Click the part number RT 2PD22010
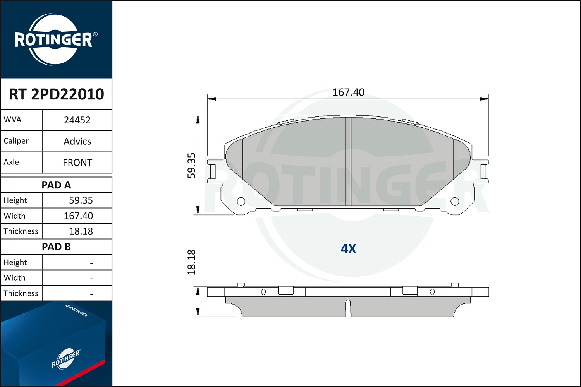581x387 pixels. (x=57, y=94)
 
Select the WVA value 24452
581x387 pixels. (x=77, y=120)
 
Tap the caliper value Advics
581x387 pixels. (x=77, y=142)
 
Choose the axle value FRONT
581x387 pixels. (x=77, y=163)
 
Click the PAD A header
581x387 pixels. (x=56, y=185)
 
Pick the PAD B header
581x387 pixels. (x=56, y=247)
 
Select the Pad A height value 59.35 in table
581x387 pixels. (x=81, y=200)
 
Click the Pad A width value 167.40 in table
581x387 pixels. (x=78, y=216)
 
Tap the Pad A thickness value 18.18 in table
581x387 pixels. (x=81, y=231)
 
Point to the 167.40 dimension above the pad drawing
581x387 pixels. (x=348, y=92)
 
